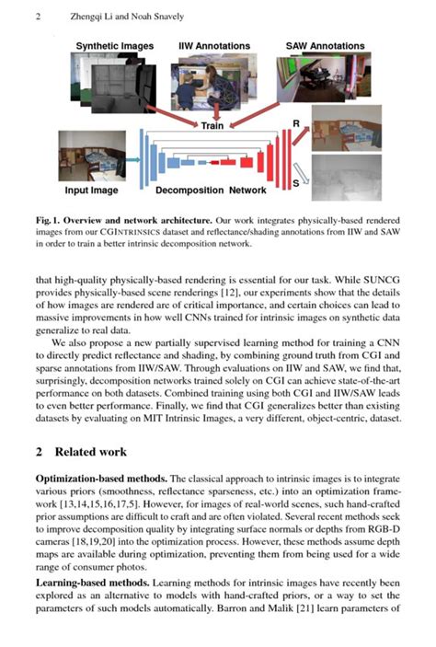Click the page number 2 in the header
(38, 17)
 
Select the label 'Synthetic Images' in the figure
(114, 45)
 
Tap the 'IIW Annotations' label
(212, 45)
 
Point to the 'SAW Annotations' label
(323, 45)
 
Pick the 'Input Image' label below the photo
(91, 191)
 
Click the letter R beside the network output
(295, 122)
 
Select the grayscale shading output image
(342, 178)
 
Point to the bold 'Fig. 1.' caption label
(52, 221)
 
